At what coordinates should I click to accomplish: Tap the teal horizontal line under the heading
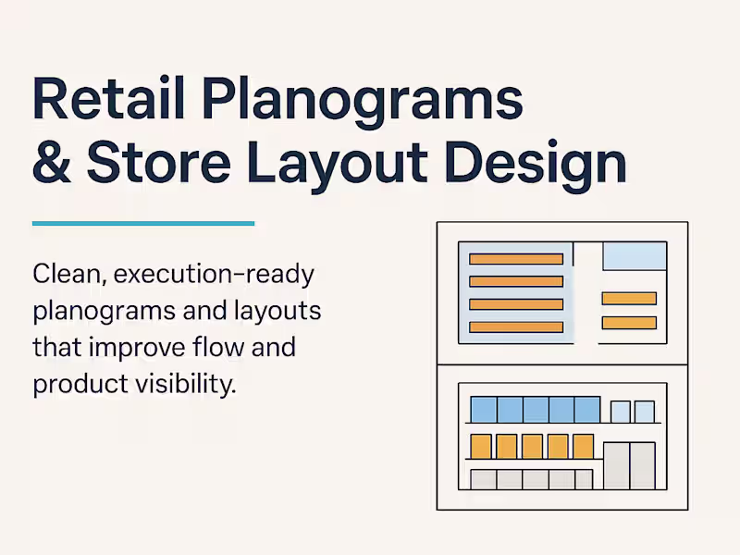click(x=143, y=223)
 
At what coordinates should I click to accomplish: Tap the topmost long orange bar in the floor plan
click(x=516, y=259)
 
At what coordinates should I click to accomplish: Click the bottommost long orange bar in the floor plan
click(x=516, y=327)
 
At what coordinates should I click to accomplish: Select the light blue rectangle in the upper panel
click(x=635, y=256)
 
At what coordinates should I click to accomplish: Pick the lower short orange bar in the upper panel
click(x=629, y=323)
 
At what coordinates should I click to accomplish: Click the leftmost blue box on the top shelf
click(x=484, y=409)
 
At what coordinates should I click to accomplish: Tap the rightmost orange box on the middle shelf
click(x=583, y=447)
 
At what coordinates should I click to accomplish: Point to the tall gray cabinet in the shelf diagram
click(x=629, y=465)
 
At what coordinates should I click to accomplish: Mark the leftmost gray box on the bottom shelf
click(x=484, y=480)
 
